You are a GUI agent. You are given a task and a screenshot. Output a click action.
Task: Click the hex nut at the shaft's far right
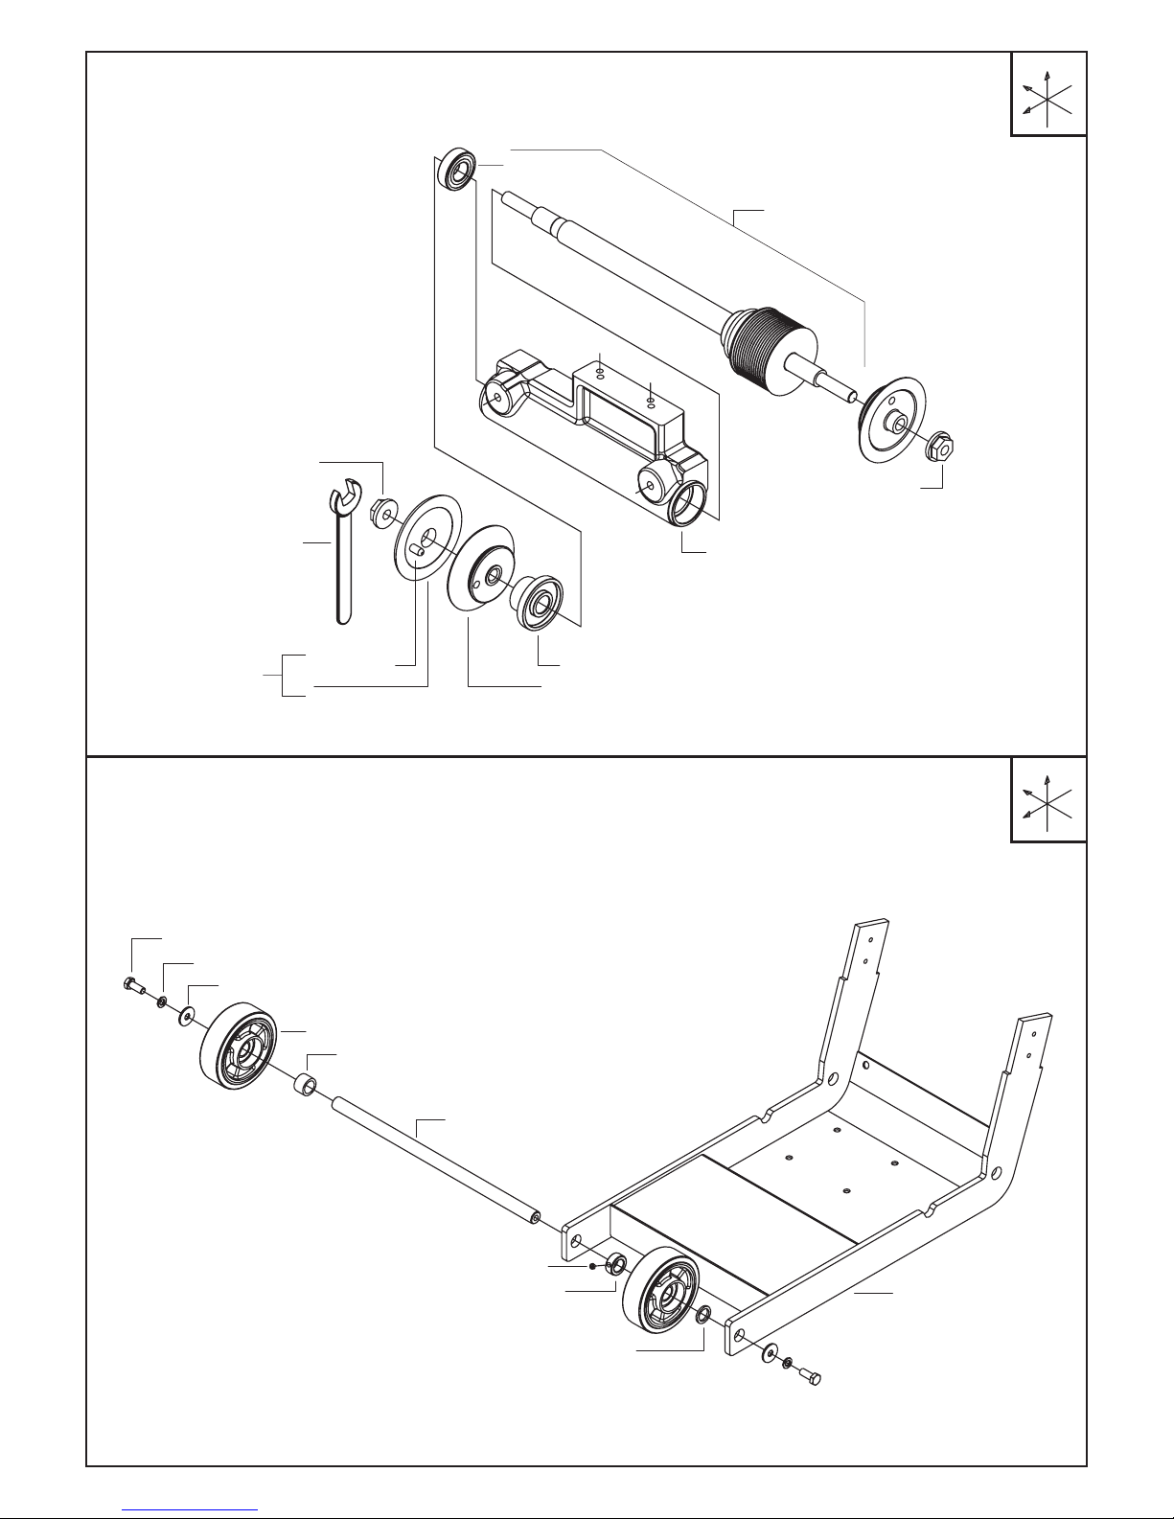click(x=940, y=447)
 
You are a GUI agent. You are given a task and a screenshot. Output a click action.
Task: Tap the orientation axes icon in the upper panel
click(x=1048, y=96)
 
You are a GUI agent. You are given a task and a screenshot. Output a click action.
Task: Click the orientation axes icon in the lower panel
click(x=1048, y=801)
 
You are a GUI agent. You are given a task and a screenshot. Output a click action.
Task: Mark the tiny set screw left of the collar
click(x=594, y=1266)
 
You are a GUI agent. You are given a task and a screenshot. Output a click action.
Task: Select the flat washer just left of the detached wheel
click(x=184, y=1014)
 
